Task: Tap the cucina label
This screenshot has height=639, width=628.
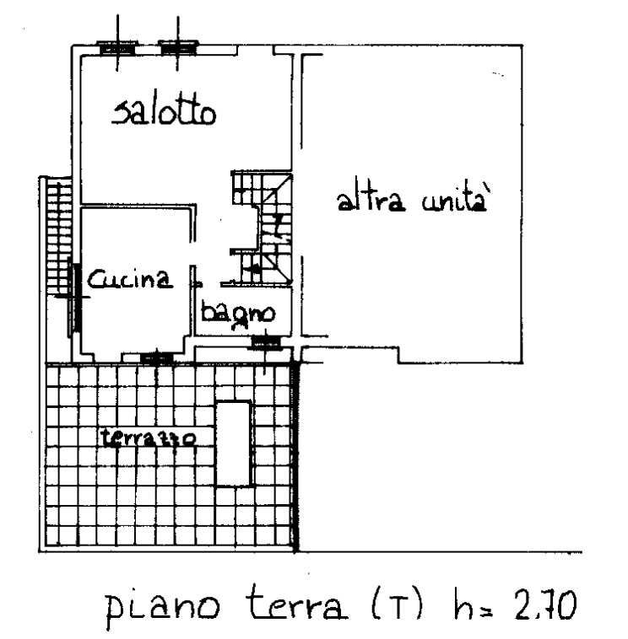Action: click(130, 279)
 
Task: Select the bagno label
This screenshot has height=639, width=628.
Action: click(238, 314)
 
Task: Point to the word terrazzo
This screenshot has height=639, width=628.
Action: click(148, 438)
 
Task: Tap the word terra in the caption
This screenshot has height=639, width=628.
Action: click(296, 602)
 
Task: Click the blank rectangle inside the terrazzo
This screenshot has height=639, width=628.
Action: click(233, 443)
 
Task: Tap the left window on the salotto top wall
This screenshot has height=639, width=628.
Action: click(117, 49)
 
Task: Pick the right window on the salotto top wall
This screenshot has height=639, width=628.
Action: click(178, 48)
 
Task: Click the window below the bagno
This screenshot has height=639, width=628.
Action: click(266, 343)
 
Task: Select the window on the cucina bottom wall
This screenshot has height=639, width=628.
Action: click(157, 357)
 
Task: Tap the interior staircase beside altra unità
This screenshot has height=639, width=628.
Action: click(263, 228)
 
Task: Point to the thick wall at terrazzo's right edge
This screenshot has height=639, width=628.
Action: click(295, 456)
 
